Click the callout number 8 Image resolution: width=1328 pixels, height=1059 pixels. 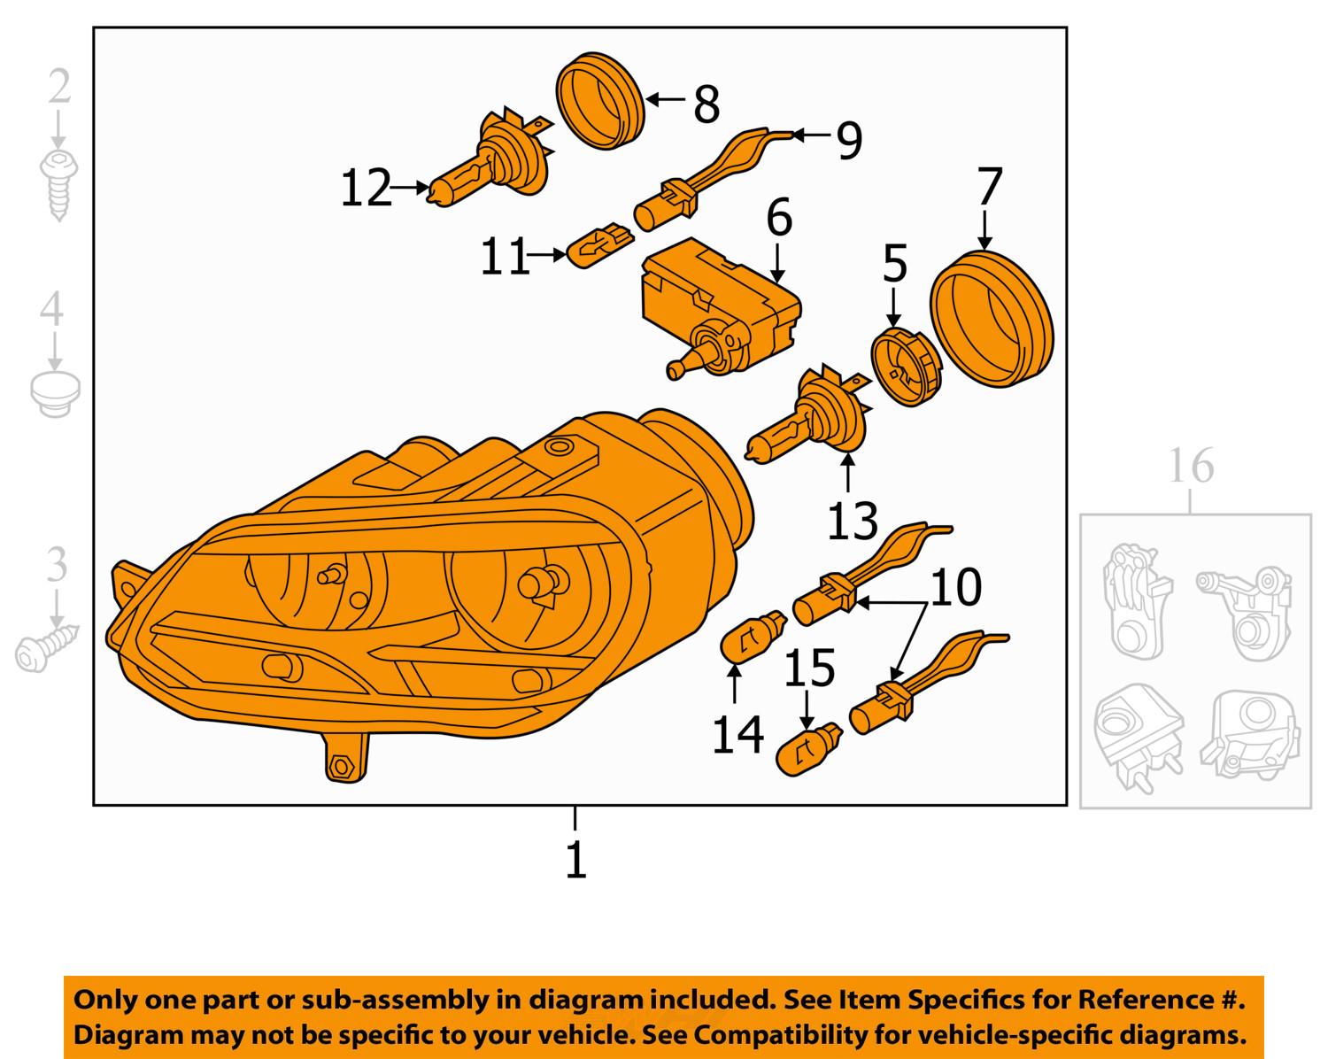click(706, 104)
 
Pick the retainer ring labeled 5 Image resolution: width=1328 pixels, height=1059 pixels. click(905, 365)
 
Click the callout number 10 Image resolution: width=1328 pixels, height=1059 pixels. click(956, 587)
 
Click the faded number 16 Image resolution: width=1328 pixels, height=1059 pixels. click(1191, 466)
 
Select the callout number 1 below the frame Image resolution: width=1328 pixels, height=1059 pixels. click(575, 859)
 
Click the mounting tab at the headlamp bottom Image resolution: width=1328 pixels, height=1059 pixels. click(342, 758)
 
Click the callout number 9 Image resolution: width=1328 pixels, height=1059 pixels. click(848, 140)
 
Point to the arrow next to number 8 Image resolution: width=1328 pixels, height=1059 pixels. click(665, 100)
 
